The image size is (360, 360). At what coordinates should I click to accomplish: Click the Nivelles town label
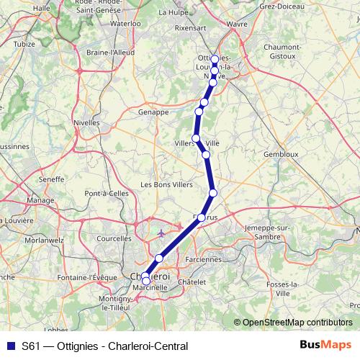pyautogui.click(x=86, y=123)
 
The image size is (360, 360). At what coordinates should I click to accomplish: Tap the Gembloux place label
pyautogui.click(x=281, y=154)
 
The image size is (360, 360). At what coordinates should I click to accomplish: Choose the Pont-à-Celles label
pyautogui.click(x=107, y=194)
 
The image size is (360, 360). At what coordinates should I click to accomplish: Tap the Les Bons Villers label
pyautogui.click(x=166, y=184)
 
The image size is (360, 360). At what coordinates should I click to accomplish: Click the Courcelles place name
pyautogui.click(x=114, y=238)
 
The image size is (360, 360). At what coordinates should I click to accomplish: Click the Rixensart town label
pyautogui.click(x=190, y=29)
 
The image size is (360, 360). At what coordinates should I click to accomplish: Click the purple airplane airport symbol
pyautogui.click(x=162, y=233)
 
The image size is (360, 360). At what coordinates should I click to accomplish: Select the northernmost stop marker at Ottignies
pyautogui.click(x=215, y=59)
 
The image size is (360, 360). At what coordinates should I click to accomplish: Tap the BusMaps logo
pyautogui.click(x=325, y=345)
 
